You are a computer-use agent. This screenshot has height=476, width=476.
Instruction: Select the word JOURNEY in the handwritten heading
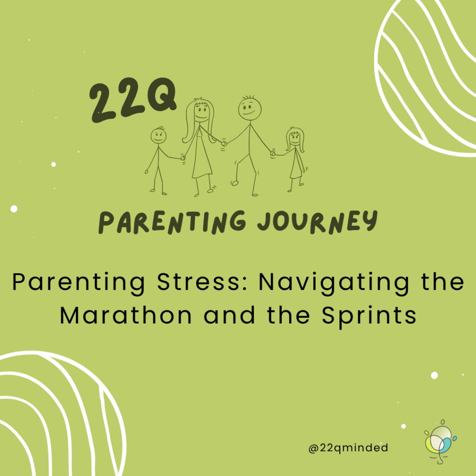pos(317,222)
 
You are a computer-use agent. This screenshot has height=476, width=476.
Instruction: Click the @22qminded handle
pos(348,448)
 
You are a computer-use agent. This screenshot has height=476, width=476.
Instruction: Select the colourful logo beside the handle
pos(441,442)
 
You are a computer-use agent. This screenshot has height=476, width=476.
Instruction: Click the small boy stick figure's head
pos(159,136)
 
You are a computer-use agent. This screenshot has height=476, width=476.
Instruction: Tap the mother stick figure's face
pos(200,113)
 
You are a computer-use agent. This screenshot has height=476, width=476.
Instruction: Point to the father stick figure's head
pos(250,108)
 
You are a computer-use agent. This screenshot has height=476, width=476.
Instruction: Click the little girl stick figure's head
pos(294,139)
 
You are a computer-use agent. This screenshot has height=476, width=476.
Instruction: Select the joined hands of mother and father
pos(224,143)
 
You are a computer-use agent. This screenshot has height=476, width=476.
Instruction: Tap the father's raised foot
pos(234,183)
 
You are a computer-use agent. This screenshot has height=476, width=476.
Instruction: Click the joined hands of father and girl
pos(272,154)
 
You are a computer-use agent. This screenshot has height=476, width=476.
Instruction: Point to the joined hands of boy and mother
pos(183,158)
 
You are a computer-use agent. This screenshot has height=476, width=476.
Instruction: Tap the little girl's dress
pos(296,165)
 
